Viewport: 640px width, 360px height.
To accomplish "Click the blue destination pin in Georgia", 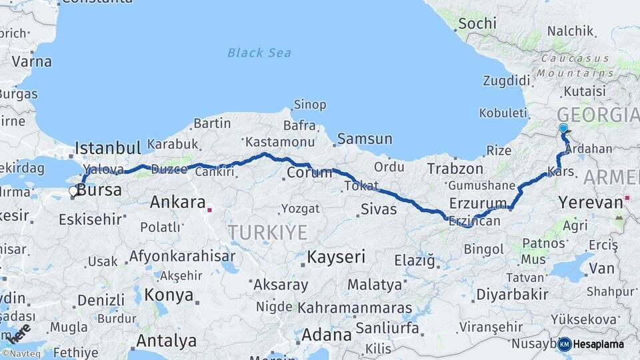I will [x=563, y=128].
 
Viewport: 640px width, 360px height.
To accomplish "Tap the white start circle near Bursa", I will [x=73, y=191].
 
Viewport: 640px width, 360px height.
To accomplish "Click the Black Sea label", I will [x=259, y=53].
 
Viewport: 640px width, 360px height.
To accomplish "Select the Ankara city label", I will [x=177, y=201].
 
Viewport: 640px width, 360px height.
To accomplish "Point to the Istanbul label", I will [x=108, y=147].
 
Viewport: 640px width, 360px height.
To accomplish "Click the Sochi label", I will [x=477, y=23].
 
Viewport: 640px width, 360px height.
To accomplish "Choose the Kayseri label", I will [x=336, y=257].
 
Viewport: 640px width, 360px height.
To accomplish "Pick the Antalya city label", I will [x=166, y=341].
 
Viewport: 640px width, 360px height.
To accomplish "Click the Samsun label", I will [x=365, y=139].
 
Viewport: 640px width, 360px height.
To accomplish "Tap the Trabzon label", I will [x=455, y=168].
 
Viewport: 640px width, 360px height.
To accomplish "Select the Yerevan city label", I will [x=591, y=202].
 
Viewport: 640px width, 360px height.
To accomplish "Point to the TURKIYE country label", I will [x=267, y=233].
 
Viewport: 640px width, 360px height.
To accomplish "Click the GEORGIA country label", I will [x=597, y=115].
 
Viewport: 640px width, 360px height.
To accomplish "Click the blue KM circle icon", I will [x=564, y=344].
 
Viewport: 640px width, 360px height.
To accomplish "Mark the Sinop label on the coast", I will [x=310, y=105].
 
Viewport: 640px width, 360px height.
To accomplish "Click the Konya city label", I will [x=169, y=295].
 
